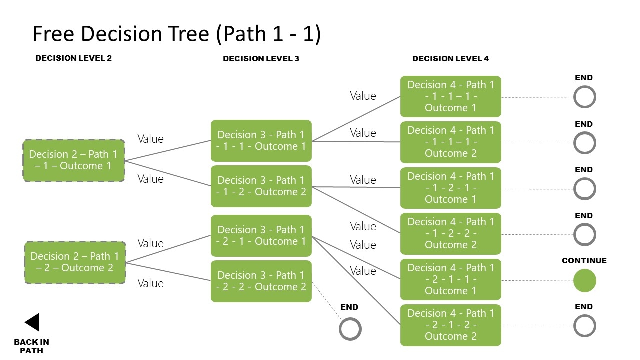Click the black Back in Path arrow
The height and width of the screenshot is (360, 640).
[33, 322]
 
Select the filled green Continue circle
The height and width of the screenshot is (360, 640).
[584, 281]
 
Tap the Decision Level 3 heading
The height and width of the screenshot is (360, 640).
[261, 59]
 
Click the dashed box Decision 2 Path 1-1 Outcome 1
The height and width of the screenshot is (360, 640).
[74, 160]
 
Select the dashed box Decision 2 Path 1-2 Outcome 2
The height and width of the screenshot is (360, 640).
[75, 262]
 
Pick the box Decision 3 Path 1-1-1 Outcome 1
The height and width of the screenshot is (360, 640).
[261, 141]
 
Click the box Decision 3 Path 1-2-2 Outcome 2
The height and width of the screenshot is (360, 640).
[261, 281]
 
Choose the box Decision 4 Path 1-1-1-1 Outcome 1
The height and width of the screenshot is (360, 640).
[450, 96]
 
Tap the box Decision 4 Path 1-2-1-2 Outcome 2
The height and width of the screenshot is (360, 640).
[450, 325]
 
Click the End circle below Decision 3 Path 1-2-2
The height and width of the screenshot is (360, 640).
[350, 329]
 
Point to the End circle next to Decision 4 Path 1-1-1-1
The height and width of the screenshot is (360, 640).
[584, 97]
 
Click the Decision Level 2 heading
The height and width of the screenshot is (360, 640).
[74, 58]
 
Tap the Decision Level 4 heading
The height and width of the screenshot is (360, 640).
[450, 59]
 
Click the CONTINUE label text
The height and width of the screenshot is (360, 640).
[584, 261]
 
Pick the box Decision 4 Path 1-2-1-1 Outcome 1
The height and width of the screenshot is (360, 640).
[450, 279]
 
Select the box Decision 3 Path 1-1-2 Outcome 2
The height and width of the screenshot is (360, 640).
[261, 186]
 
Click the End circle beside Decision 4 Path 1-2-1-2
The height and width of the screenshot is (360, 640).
[584, 326]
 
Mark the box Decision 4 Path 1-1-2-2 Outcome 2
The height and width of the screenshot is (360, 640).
[450, 233]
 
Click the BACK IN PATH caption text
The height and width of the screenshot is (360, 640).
[31, 346]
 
